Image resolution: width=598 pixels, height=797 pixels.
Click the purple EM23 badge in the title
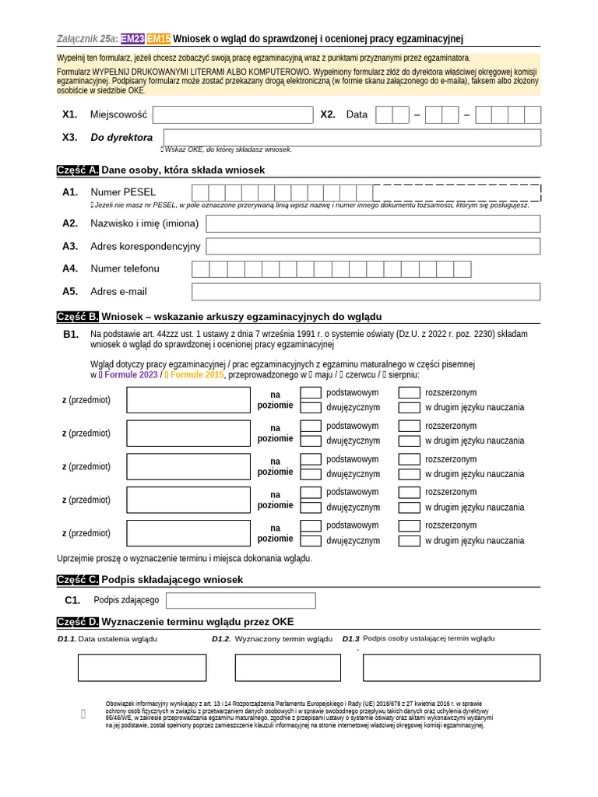click(x=133, y=39)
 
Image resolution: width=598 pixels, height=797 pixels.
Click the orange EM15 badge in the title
click(x=159, y=39)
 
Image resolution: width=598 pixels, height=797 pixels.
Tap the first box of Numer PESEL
click(x=200, y=192)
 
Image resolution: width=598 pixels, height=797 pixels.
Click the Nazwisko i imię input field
click(x=372, y=223)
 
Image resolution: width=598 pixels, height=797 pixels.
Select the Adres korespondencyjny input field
click(x=372, y=246)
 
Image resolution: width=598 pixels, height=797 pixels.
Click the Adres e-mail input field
click(x=366, y=291)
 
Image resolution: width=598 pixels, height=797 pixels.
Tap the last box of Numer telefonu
click(x=463, y=269)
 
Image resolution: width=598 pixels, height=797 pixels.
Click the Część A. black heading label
click(x=78, y=170)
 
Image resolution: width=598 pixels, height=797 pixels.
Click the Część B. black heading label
click(x=78, y=317)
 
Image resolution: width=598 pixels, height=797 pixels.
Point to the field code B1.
click(x=71, y=334)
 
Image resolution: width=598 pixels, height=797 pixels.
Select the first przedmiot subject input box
click(x=188, y=400)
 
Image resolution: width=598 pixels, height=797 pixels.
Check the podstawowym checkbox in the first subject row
click(x=311, y=393)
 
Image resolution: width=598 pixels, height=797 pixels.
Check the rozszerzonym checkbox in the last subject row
click(x=409, y=525)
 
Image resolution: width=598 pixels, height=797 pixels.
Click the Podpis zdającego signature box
click(x=241, y=600)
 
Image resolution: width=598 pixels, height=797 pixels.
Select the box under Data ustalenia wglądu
click(x=142, y=667)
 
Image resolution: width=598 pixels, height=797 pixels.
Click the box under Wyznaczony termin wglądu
click(x=287, y=667)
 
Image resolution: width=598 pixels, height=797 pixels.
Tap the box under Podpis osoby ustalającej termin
click(x=451, y=667)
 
